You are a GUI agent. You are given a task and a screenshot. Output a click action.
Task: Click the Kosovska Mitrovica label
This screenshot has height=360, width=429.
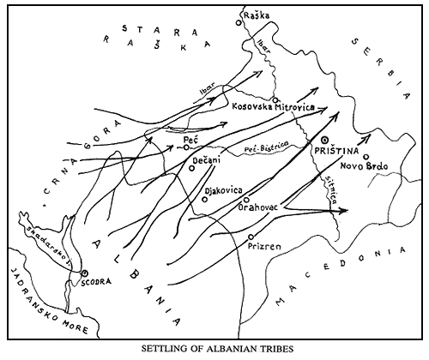pos(273,105)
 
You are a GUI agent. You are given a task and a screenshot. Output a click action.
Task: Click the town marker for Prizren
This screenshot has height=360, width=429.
pos(250,236)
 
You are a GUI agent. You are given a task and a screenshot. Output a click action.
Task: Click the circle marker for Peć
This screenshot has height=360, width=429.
pos(186,147)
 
